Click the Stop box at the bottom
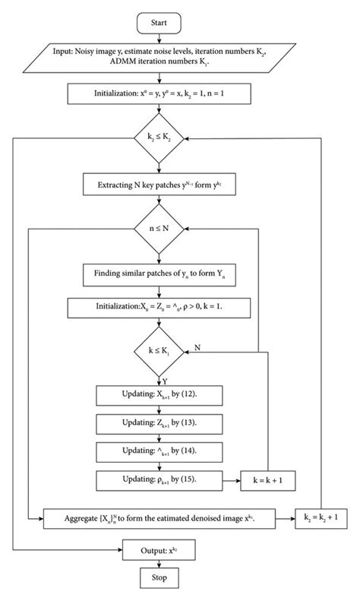tap(159, 579)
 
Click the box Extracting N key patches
tap(159, 184)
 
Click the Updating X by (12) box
tap(159, 395)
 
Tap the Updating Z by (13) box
tap(159, 423)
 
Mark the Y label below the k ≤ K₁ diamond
tap(165, 380)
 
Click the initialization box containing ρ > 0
tap(159, 308)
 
